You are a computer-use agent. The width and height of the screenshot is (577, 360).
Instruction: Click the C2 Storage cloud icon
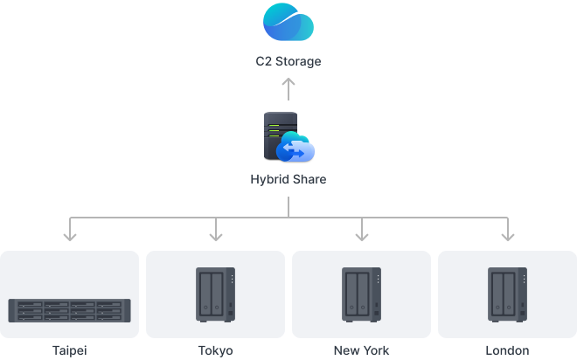click(288, 23)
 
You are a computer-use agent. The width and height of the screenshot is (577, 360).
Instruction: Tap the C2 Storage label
click(288, 61)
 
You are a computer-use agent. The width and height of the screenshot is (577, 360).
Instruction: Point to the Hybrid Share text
click(288, 180)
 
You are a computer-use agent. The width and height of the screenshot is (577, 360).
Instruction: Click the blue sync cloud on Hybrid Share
click(295, 150)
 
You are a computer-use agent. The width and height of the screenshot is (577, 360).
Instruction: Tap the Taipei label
click(70, 350)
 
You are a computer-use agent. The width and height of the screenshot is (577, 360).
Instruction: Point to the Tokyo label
click(215, 350)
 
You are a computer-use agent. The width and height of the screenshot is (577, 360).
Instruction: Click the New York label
click(361, 350)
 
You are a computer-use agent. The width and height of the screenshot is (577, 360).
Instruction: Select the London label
click(506, 350)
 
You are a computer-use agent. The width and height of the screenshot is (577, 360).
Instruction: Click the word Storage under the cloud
click(298, 61)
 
